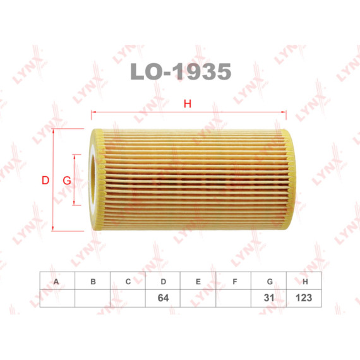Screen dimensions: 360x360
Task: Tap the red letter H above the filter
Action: [187, 104]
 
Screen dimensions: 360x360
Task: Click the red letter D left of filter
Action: [45, 181]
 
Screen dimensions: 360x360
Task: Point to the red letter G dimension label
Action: [66, 181]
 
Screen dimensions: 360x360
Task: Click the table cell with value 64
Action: [163, 297]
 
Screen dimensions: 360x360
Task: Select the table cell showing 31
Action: [270, 297]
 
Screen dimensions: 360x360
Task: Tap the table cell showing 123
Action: [305, 297]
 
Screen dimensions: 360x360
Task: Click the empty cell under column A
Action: [57, 297]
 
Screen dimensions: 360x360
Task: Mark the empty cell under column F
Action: [234, 297]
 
